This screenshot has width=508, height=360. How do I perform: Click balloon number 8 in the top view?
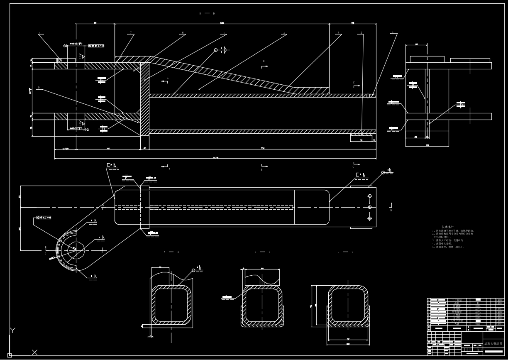point(39,33)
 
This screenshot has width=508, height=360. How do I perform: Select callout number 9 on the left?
point(39,87)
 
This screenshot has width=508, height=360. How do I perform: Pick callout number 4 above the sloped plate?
point(284,32)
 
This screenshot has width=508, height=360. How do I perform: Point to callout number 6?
point(182,32)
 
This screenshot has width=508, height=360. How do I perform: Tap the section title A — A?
point(171,252)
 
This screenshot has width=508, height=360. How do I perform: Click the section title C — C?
point(345,252)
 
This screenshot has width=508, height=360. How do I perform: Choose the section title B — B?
point(262,252)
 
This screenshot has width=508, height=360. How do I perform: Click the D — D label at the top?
point(207,14)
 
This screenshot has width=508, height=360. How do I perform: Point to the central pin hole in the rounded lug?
point(75,248)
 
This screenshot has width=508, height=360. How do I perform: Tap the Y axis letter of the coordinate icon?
point(12,330)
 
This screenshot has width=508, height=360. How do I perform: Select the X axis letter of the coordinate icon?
point(35,352)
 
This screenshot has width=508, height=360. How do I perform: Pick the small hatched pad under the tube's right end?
point(361,135)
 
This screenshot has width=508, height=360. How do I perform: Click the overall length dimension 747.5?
point(215,158)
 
